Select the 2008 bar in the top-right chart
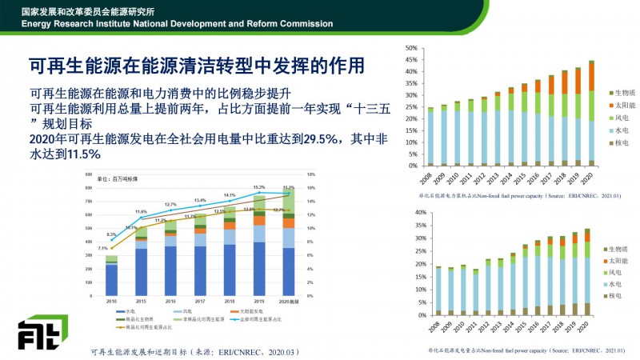(430, 137)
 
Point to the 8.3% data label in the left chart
(111, 234)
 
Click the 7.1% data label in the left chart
(102, 249)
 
